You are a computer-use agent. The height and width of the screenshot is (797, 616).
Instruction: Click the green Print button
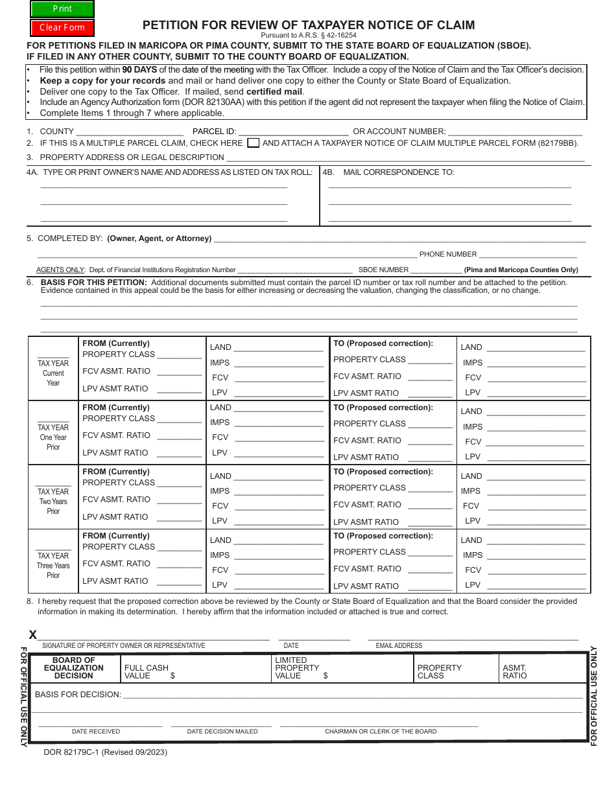[x=62, y=9]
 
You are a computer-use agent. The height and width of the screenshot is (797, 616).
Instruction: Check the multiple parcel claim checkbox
[x=254, y=143]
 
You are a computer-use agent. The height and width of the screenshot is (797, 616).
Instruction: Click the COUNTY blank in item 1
[x=130, y=132]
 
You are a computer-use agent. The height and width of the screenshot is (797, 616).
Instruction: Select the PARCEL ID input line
[x=294, y=132]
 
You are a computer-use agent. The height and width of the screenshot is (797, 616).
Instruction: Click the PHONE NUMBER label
[x=447, y=255]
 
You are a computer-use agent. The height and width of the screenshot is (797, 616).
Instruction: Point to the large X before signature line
[x=33, y=635]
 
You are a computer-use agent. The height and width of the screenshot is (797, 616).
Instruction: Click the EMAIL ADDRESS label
[x=399, y=646]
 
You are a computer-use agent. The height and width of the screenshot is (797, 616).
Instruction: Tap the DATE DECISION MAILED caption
[x=222, y=732]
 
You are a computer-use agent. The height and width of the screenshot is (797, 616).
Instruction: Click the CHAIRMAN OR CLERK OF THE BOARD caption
[x=381, y=732]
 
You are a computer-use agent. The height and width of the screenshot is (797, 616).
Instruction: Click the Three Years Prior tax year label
[x=53, y=566]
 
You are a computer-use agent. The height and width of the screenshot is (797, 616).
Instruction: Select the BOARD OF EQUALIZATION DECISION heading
[x=74, y=668]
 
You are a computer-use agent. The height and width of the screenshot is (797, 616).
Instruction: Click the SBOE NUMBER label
[x=383, y=270]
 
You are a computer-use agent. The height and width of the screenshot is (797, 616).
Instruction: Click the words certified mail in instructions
[x=274, y=91]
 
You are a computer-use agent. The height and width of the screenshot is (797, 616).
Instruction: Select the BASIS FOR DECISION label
[x=78, y=695]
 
